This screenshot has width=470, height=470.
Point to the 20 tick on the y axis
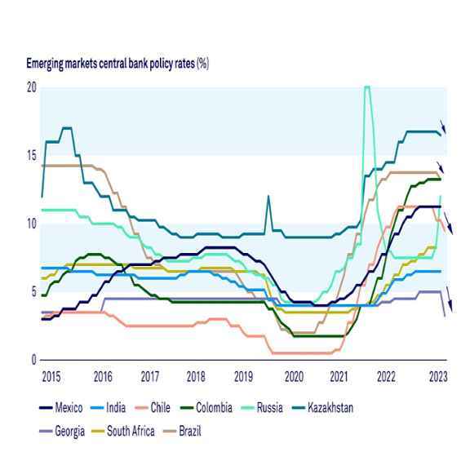32,87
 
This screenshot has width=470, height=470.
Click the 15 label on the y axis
32,155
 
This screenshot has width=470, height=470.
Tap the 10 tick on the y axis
32,223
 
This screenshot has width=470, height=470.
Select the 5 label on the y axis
33,291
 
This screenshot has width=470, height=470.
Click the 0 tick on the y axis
33,360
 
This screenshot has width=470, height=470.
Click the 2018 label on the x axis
196,377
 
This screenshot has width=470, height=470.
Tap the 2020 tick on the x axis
294,377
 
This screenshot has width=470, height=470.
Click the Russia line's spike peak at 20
367,87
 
